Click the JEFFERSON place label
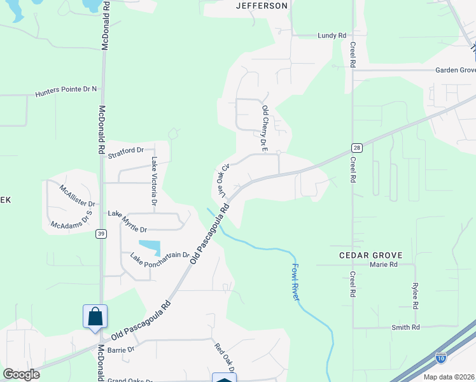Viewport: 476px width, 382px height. click(x=262, y=6)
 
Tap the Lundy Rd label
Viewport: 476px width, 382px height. click(x=332, y=36)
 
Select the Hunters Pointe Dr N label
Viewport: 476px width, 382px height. click(x=67, y=90)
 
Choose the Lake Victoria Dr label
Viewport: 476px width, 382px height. click(x=154, y=181)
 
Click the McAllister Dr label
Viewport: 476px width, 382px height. click(x=77, y=196)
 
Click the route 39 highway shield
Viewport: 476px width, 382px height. click(x=101, y=234)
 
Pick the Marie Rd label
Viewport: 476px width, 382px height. click(x=384, y=264)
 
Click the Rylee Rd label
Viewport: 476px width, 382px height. click(x=415, y=295)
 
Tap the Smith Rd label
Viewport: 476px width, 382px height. click(x=406, y=327)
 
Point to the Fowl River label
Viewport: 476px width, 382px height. click(x=295, y=282)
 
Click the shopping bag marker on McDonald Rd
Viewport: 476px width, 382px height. click(x=95, y=316)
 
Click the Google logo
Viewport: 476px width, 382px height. click(x=21, y=374)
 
